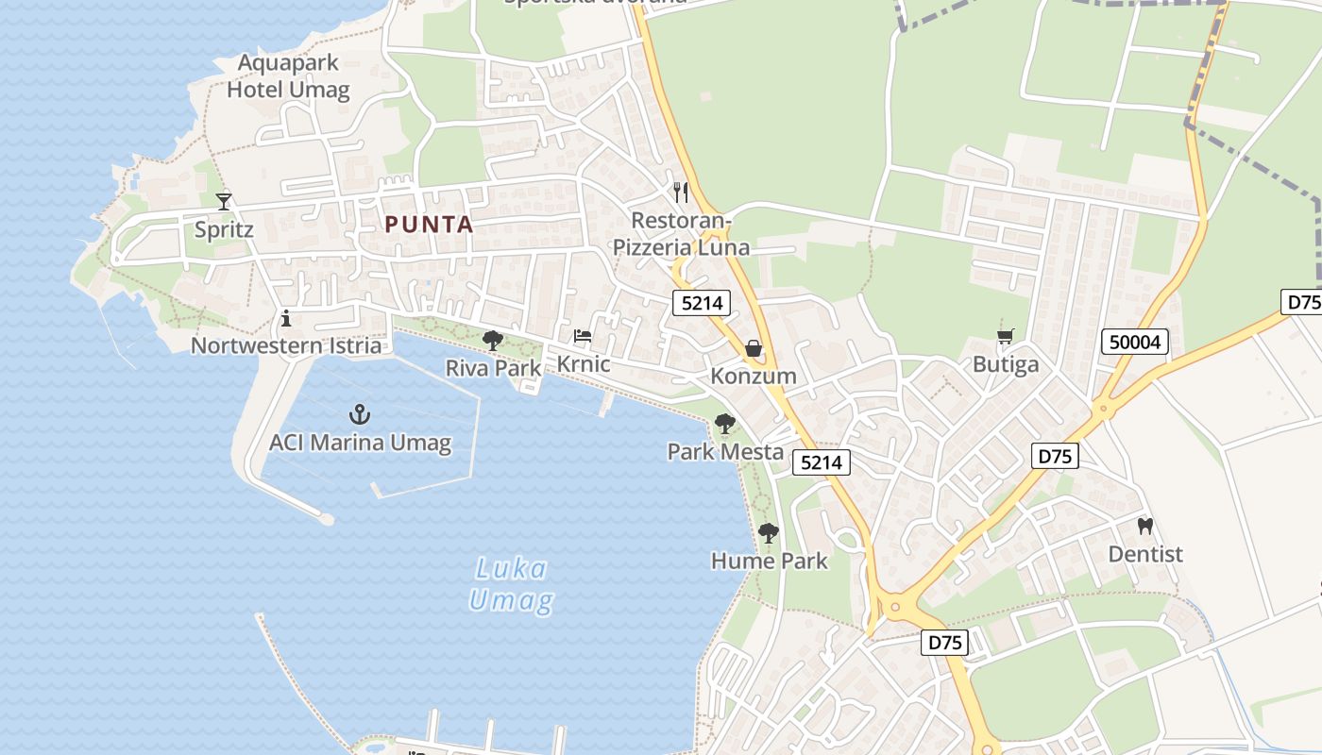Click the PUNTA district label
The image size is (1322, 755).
[429, 225]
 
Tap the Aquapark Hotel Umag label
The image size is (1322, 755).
[288, 77]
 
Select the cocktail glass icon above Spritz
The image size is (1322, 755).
[224, 201]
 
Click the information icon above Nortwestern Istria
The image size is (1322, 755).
[286, 318]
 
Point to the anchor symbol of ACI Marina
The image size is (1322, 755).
[359, 413]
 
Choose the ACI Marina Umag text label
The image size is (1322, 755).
[360, 443]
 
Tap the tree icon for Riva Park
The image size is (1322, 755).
[492, 341]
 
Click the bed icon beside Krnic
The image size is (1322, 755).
[583, 336]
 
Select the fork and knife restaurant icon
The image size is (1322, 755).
[681, 193]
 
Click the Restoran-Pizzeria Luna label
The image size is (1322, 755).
[681, 234]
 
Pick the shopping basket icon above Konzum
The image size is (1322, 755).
[754, 348]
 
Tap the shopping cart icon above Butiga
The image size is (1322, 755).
[1006, 337]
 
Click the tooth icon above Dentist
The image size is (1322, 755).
[1145, 526]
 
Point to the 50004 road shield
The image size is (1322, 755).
[1136, 342]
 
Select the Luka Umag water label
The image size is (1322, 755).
[511, 584]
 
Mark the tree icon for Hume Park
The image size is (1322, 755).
[769, 533]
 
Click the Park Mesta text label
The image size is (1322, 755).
[725, 452]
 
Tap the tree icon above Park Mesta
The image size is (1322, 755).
[724, 424]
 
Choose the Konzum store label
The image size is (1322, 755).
[754, 376]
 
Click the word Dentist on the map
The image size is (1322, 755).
[1145, 554]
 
